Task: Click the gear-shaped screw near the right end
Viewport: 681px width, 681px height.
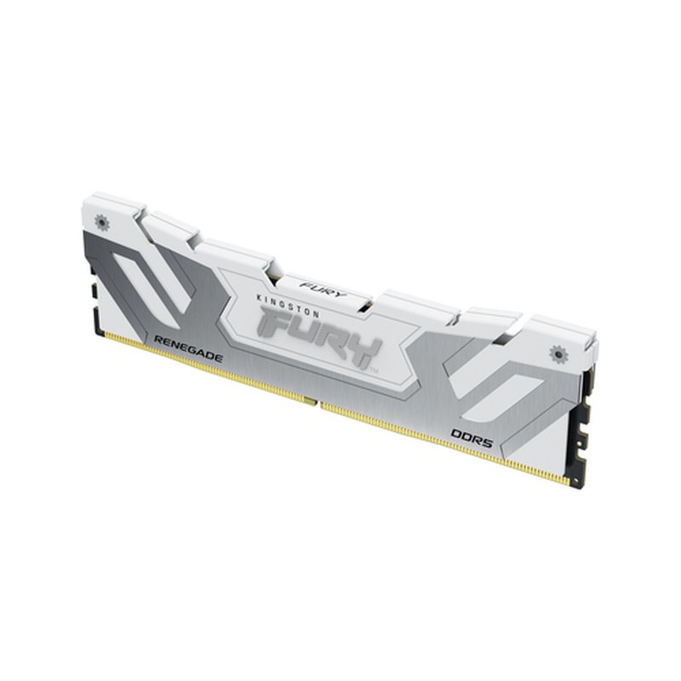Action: [559, 351]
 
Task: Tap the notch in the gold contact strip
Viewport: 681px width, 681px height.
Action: [318, 402]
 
